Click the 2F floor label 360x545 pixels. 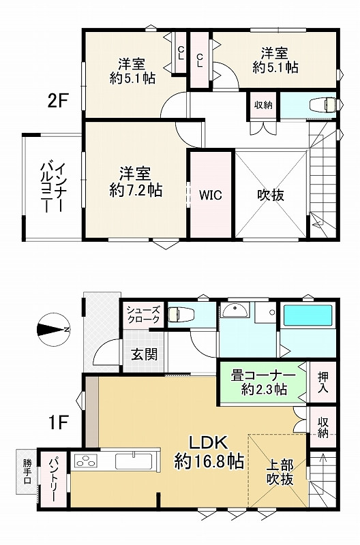(58, 102)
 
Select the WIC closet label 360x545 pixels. (211, 194)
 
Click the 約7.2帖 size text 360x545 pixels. (136, 191)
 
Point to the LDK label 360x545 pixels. (209, 441)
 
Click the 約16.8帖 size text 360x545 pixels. (209, 461)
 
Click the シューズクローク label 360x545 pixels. (143, 315)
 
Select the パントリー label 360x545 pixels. (53, 480)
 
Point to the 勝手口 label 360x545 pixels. (27, 471)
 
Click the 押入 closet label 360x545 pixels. (322, 383)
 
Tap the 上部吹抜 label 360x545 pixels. (280, 473)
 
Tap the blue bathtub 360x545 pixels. (307, 316)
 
